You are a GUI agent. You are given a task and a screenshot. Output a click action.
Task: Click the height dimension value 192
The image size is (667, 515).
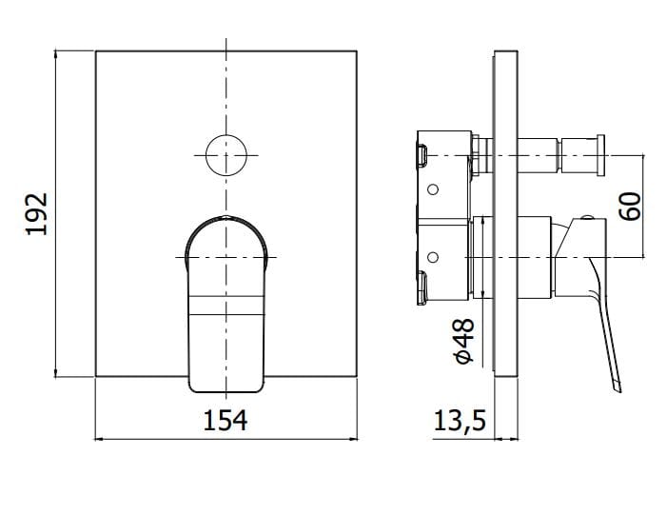coord(35,214)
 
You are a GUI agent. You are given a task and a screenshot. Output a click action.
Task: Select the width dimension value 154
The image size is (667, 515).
coord(226,419)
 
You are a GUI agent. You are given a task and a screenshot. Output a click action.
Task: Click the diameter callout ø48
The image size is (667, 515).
coord(464,340)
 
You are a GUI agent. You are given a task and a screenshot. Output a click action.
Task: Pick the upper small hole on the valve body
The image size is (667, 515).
coord(433,189)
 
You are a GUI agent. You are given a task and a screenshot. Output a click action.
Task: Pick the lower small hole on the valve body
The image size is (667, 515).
coord(433,257)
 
